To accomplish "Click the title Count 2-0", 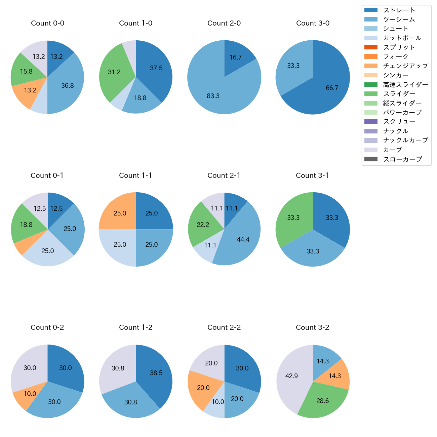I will [x=224, y=23].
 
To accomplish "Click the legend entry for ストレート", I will [x=399, y=10].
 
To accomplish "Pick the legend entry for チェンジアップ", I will [x=405, y=66].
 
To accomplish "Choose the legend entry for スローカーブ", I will [x=402, y=159].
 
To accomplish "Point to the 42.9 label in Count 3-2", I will [x=291, y=376].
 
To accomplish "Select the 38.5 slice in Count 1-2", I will [x=156, y=373].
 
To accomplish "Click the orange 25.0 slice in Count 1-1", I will [x=120, y=213].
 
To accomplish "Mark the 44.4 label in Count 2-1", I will [x=243, y=239].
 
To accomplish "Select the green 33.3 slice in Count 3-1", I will [x=293, y=217].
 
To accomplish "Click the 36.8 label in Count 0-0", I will [x=68, y=85].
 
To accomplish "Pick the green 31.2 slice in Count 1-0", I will [x=114, y=72].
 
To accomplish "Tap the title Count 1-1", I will [x=135, y=175].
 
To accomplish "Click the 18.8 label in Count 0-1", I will [x=26, y=225].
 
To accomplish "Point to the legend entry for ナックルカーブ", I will [x=405, y=141].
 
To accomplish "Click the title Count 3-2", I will [x=312, y=327].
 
